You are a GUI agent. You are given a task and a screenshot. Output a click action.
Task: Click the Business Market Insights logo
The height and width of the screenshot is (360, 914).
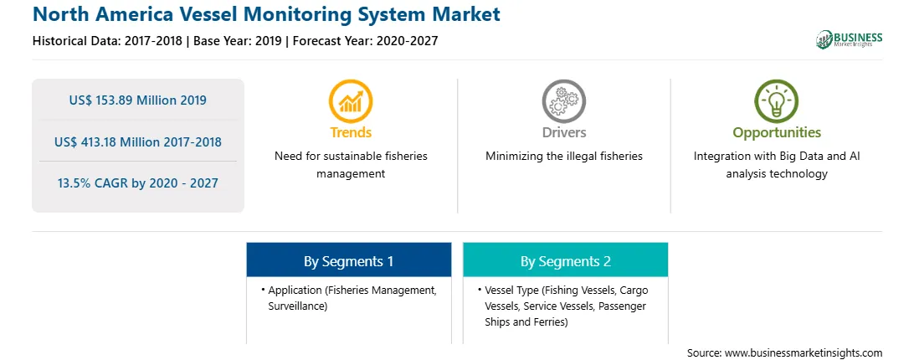[849, 39]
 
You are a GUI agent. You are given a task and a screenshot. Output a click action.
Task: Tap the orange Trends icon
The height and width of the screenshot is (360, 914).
[351, 101]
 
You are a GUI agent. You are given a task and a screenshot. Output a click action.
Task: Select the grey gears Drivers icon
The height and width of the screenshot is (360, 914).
[563, 101]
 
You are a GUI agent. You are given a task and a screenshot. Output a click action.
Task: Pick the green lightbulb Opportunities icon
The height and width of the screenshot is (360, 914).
[777, 101]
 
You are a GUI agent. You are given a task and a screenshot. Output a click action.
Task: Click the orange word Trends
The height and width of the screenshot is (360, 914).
[351, 132]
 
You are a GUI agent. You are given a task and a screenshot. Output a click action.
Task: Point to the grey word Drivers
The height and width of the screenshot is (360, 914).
[563, 132]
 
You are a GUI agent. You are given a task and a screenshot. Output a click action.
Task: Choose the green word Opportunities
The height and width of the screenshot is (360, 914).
[777, 133]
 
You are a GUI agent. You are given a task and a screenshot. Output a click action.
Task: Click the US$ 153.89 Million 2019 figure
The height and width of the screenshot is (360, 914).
[137, 100]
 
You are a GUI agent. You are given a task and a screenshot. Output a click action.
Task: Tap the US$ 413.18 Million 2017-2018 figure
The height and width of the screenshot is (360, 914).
[137, 141]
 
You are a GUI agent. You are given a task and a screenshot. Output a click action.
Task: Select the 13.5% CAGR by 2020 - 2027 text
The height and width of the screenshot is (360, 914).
[137, 183]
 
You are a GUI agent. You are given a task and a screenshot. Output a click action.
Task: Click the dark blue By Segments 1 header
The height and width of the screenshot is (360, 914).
[348, 260]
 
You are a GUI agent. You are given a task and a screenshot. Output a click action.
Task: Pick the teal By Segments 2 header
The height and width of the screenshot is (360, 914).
[566, 260]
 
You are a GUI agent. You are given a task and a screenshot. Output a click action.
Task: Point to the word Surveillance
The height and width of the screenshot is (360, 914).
[297, 306]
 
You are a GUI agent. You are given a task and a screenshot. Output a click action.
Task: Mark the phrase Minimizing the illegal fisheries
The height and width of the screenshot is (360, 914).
[563, 156]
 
